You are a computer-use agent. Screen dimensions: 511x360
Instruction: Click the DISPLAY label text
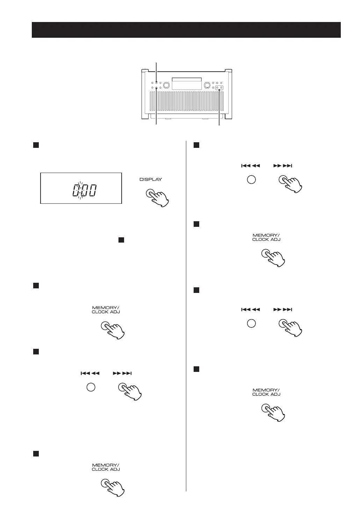click(x=151, y=180)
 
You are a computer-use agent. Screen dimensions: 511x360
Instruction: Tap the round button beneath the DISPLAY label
click(x=150, y=194)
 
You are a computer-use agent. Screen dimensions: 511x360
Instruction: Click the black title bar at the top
click(x=186, y=30)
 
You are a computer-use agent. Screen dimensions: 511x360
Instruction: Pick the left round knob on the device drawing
click(x=166, y=85)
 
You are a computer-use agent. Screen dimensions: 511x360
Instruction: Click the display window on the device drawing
click(x=187, y=83)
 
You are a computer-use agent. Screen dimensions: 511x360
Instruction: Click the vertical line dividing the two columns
click(x=186, y=315)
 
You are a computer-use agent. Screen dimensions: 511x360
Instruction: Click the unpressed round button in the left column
click(x=91, y=387)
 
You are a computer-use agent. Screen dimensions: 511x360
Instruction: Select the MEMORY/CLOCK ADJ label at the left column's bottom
click(x=106, y=467)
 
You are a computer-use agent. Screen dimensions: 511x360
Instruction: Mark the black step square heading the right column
click(x=196, y=145)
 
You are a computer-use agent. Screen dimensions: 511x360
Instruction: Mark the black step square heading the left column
click(x=35, y=145)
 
